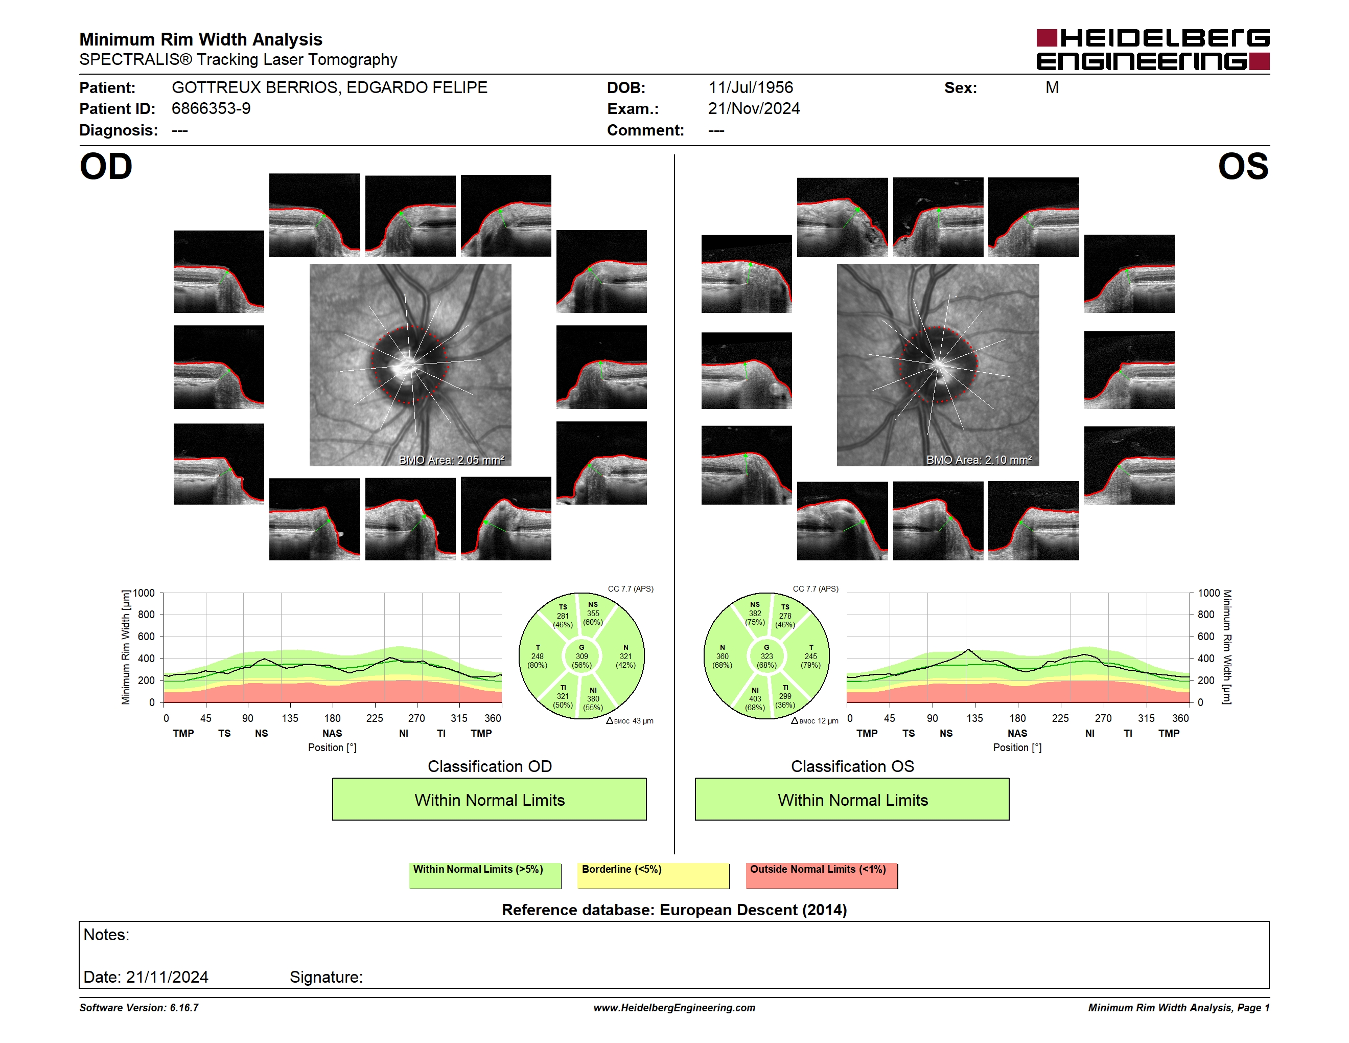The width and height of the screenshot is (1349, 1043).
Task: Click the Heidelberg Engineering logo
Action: (x=1153, y=50)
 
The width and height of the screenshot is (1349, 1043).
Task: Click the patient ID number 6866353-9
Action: (x=211, y=109)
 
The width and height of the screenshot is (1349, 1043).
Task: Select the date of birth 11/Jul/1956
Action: (x=751, y=88)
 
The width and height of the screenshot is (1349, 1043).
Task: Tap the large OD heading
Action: (x=106, y=167)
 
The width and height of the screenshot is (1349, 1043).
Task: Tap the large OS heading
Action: (x=1243, y=167)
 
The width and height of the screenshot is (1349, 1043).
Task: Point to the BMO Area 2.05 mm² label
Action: (x=452, y=460)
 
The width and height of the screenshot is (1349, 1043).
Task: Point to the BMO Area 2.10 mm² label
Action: (x=979, y=460)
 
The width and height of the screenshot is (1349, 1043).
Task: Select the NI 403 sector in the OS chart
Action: (x=755, y=699)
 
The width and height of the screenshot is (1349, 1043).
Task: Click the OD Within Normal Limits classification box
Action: (x=489, y=800)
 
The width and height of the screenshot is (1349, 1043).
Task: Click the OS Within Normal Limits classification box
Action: (x=852, y=800)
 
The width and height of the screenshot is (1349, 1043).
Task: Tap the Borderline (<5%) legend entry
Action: (x=654, y=875)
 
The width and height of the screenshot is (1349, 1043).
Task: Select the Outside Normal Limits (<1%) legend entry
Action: (x=822, y=875)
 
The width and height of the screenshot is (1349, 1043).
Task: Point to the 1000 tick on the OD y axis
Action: (x=144, y=593)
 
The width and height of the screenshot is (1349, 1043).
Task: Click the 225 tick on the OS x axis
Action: (x=1060, y=718)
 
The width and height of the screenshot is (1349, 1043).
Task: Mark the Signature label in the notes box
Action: (x=326, y=977)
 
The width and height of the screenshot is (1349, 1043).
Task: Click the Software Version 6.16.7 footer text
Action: (x=139, y=1008)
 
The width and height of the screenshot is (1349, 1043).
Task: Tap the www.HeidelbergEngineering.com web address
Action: (x=674, y=1008)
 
